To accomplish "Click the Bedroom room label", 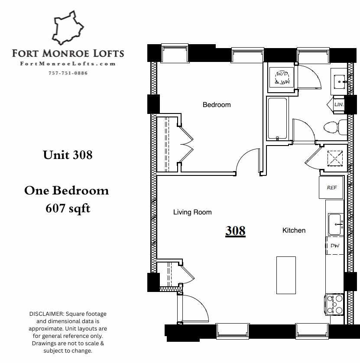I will (x=217, y=105).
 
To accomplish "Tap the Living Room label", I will (x=192, y=212).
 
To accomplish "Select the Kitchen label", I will (x=294, y=230).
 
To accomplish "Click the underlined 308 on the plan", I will (x=235, y=231).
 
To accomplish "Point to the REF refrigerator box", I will (x=332, y=188).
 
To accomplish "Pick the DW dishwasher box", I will (x=334, y=246).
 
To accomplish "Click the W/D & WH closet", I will (x=282, y=78).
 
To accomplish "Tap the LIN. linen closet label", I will (x=339, y=104).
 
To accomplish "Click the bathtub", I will (x=277, y=119).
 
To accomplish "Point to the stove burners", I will (x=334, y=304).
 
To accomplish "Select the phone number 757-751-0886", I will (x=68, y=73).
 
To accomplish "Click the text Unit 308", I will (x=68, y=155).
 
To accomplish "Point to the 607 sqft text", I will (x=68, y=208).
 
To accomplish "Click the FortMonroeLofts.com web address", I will (x=68, y=64).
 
